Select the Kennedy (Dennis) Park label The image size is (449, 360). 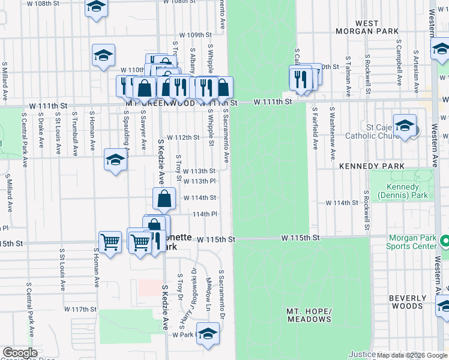pos(402,191)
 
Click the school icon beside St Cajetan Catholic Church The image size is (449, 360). pos(405,126)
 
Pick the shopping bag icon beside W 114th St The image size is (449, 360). pos(164,199)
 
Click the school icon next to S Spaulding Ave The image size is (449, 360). pos(115,160)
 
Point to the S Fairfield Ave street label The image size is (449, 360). pos(315,128)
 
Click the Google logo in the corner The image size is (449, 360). pos(20,353)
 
